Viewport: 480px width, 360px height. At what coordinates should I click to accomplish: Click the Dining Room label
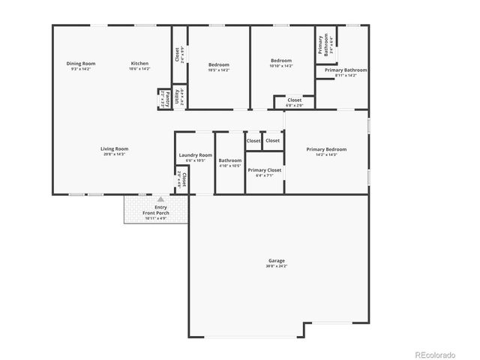tap(80, 64)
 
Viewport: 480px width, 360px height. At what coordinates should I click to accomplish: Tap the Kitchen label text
tap(140, 64)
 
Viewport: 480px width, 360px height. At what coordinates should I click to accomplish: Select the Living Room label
tap(114, 148)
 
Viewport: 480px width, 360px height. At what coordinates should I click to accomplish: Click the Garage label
tap(276, 260)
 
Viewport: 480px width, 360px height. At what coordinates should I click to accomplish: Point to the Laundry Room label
tap(195, 155)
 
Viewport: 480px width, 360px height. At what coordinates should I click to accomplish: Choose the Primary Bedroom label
tap(326, 149)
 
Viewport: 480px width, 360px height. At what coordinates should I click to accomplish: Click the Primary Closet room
tap(264, 170)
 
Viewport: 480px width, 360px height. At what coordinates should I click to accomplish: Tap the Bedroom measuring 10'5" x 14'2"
tap(218, 64)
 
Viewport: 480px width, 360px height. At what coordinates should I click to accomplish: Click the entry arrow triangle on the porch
tap(160, 199)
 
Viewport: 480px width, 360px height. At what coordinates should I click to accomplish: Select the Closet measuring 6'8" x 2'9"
tap(294, 101)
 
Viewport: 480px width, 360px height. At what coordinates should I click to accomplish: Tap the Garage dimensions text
tap(276, 265)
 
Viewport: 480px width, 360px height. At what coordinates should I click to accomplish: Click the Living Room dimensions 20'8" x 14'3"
tap(114, 154)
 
